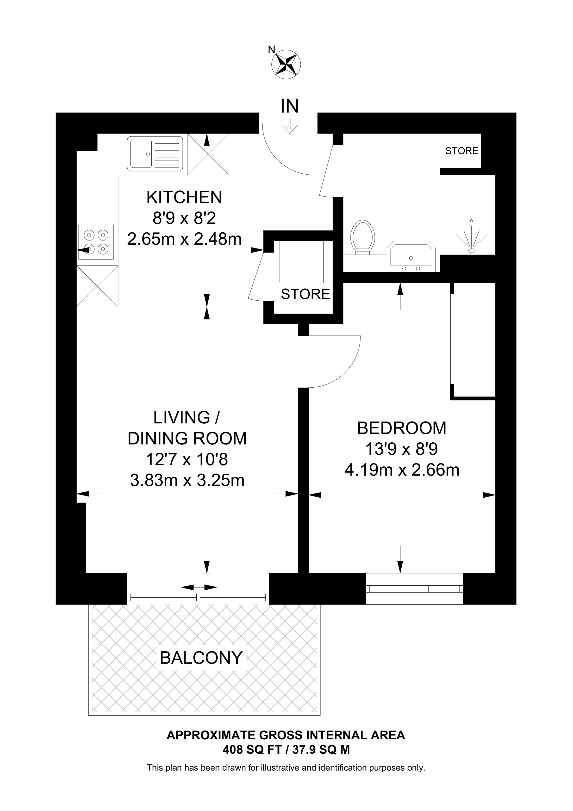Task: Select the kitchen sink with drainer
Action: pos(155,154)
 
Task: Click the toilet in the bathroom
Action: pos(363,237)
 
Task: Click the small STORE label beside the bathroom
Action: pos(462,151)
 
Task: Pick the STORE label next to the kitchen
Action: pos(306,294)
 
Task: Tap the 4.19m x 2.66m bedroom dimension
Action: pos(402,470)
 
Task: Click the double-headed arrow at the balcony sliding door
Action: pos(199,587)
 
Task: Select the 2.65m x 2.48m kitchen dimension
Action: pos(184,239)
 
